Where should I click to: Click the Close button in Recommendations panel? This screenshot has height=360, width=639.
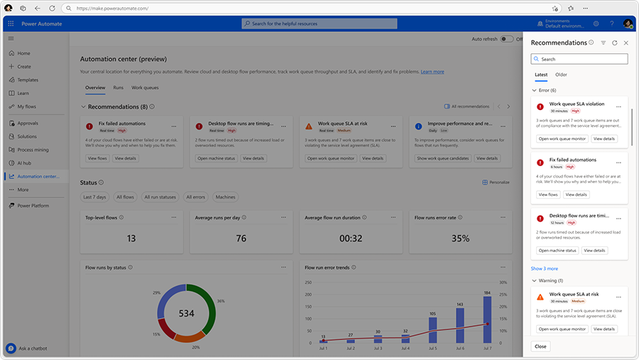pos(541,347)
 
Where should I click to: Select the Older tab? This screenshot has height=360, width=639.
pos(561,75)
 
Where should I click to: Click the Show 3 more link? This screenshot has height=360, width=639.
pos(545,268)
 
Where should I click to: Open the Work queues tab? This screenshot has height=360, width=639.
pos(145,87)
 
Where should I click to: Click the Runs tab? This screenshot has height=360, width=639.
pos(119,87)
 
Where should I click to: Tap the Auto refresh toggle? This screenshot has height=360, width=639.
pos(507,39)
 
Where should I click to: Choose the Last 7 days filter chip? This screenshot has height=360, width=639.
pos(94,197)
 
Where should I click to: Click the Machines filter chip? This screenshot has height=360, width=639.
pos(226,197)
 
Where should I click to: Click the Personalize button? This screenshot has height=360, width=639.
pos(496,182)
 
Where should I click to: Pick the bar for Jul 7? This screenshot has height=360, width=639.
pos(487,320)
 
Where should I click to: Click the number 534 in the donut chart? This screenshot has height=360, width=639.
pos(186,313)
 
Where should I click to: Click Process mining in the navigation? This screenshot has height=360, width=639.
pos(33,150)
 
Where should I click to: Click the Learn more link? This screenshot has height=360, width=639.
pos(432,72)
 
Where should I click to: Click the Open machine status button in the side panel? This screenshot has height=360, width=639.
pos(557,251)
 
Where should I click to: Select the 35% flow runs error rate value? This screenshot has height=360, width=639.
pos(460,239)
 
